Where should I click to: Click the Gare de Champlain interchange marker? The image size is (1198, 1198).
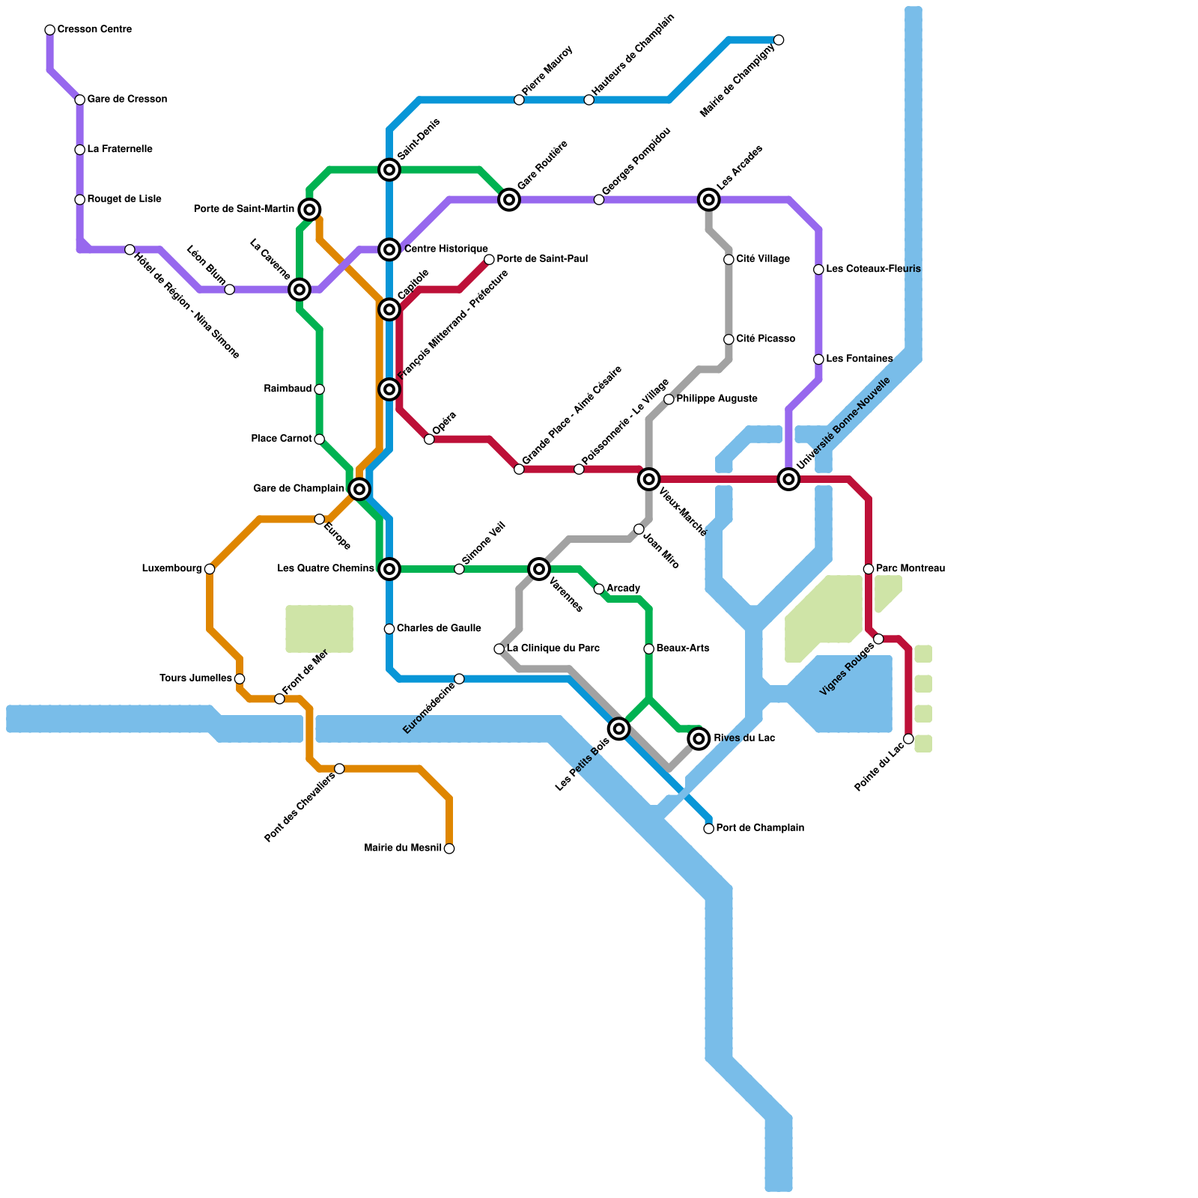pyautogui.click(x=359, y=489)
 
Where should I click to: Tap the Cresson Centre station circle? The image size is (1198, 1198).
pyautogui.click(x=49, y=30)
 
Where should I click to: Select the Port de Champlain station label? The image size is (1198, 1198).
pyautogui.click(x=760, y=828)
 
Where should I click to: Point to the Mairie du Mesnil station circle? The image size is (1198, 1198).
pyautogui.click(x=449, y=848)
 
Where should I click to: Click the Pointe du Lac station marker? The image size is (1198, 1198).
pyautogui.click(x=908, y=739)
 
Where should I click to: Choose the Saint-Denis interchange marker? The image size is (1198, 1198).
pyautogui.click(x=389, y=170)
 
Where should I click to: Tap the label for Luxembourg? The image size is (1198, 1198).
pyautogui.click(x=171, y=569)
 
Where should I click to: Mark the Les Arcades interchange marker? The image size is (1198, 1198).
pyautogui.click(x=708, y=199)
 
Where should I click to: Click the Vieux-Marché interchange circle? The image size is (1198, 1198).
pyautogui.click(x=649, y=478)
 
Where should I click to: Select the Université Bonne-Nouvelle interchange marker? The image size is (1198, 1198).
pyautogui.click(x=788, y=478)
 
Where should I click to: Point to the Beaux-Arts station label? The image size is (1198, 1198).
pyautogui.click(x=683, y=648)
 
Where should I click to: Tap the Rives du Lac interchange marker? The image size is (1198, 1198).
pyautogui.click(x=699, y=739)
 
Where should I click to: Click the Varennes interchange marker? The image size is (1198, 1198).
pyautogui.click(x=539, y=569)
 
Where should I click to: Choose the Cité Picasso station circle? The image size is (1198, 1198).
pyautogui.click(x=729, y=339)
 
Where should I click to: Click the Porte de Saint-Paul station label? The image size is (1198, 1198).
pyautogui.click(x=542, y=259)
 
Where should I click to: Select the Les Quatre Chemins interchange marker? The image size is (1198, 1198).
pyautogui.click(x=389, y=569)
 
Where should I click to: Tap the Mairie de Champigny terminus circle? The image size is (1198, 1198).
pyautogui.click(x=779, y=40)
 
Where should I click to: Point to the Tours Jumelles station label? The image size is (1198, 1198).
pyautogui.click(x=195, y=679)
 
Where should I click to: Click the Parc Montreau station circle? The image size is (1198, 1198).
pyautogui.click(x=869, y=569)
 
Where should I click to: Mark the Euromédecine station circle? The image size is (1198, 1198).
pyautogui.click(x=459, y=679)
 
